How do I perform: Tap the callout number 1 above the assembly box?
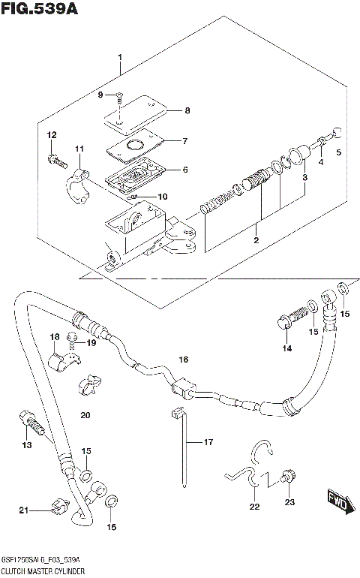tap(119, 58)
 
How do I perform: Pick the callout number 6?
tap(185, 170)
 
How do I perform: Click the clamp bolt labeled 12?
tap(57, 159)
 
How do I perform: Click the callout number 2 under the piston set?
tap(256, 240)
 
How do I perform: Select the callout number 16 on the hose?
tap(183, 361)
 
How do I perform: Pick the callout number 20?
tap(85, 415)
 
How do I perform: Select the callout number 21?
tap(23, 511)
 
